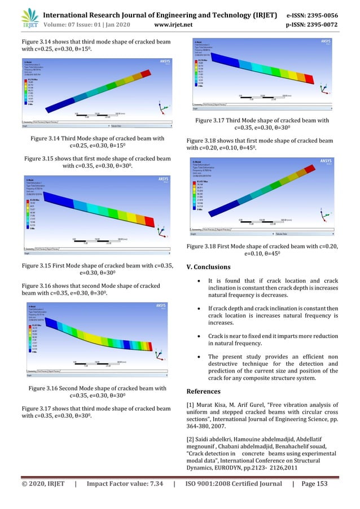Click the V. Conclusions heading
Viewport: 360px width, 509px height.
tap(208, 266)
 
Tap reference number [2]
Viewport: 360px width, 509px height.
tap(190, 438)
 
